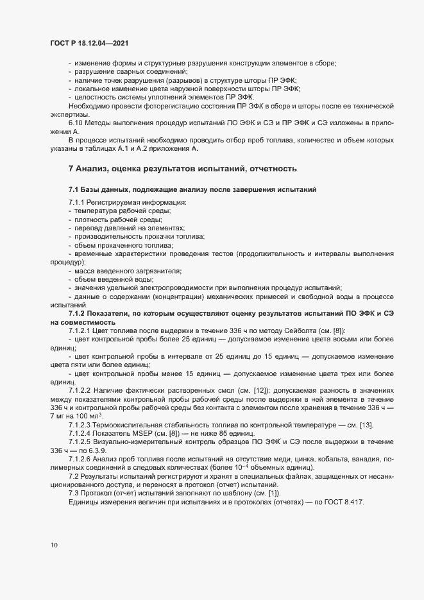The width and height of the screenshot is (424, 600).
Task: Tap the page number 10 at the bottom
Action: (x=54, y=545)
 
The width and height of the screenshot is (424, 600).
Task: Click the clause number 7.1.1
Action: (x=78, y=203)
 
